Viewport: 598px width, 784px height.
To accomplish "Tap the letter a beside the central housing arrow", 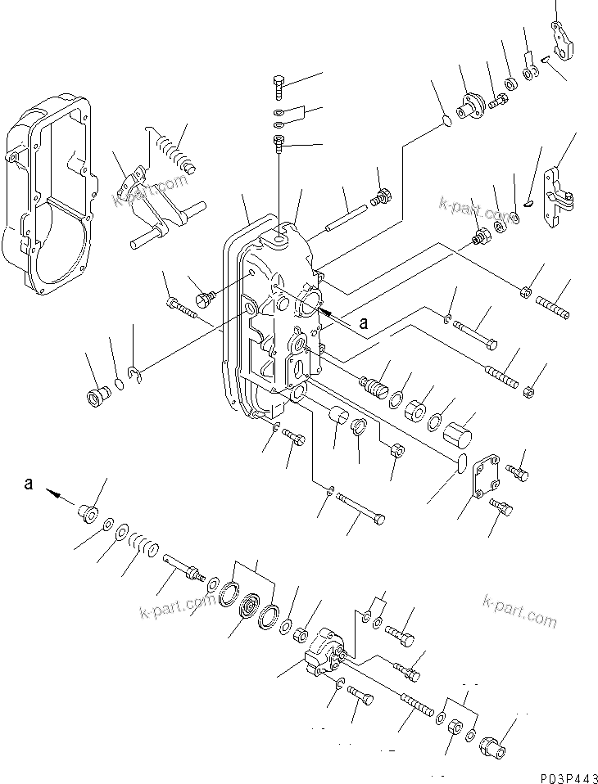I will (364, 323).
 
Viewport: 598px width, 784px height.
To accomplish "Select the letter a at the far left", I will (29, 484).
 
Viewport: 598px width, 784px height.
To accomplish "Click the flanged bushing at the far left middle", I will (97, 397).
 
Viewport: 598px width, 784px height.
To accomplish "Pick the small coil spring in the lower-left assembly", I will (144, 544).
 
